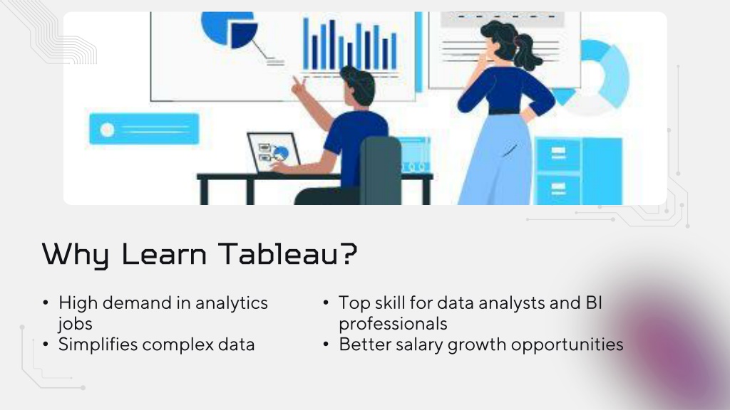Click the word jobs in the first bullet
[76, 324]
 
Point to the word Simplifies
[97, 345]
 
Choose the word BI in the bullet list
[594, 303]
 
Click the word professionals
[393, 324]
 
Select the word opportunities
[567, 345]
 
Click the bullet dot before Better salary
[326, 345]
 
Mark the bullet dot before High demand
[45, 303]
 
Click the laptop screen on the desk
[273, 152]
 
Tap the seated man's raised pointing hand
[298, 86]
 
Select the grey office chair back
[381, 169]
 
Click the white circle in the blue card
[107, 130]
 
